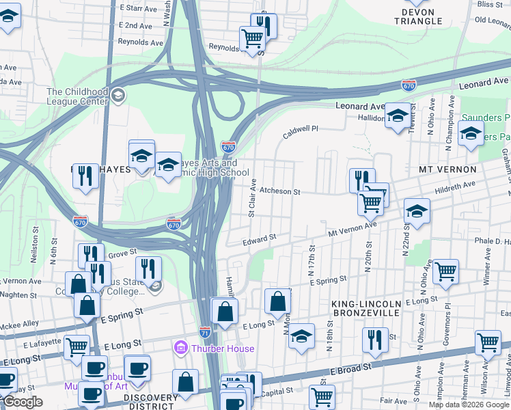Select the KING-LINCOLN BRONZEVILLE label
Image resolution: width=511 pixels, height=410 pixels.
[x=374, y=307]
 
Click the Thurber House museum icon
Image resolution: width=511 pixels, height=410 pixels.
[x=182, y=348]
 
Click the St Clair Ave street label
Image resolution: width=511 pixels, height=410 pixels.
[x=252, y=199]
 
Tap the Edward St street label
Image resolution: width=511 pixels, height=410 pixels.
[x=260, y=240]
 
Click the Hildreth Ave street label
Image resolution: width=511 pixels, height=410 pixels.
[x=455, y=185]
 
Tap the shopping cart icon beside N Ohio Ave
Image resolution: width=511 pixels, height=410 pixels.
[x=445, y=271]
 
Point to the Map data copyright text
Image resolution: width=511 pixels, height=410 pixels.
[x=469, y=405]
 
